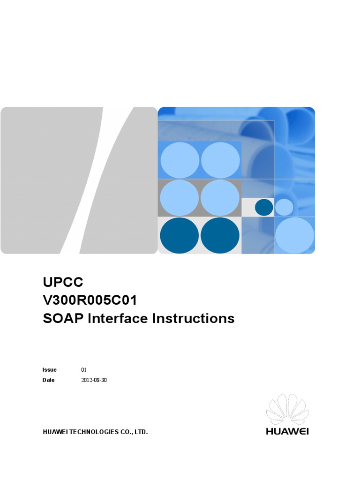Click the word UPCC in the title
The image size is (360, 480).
pos(63,282)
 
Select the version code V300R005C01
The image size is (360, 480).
pos(90,300)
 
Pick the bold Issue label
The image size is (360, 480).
pos(49,370)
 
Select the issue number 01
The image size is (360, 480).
pos(84,370)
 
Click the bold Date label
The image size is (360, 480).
pos(48,380)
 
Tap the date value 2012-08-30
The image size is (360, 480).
pos(94,380)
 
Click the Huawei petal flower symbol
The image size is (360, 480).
pos(287,409)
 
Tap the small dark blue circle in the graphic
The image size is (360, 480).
pos(264,207)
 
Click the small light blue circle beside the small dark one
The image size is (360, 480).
pos(284,207)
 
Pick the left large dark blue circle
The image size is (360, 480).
pos(179,235)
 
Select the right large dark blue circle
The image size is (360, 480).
pos(220,235)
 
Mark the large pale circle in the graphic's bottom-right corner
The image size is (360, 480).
pos(294,235)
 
